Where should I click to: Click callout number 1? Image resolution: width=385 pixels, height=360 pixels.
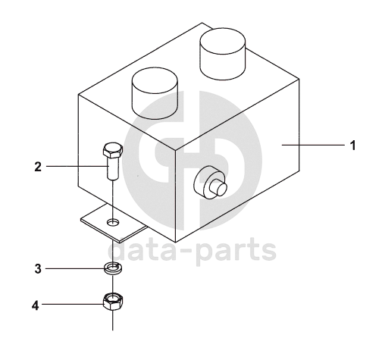(x=353, y=146)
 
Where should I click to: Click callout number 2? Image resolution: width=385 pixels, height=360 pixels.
(x=38, y=167)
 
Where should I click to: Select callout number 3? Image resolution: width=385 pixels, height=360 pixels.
(x=38, y=269)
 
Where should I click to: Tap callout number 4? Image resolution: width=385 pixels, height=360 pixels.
(x=36, y=305)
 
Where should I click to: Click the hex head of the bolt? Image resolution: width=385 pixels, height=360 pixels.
(x=113, y=150)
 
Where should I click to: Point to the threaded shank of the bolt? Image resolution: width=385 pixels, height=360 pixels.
(x=112, y=168)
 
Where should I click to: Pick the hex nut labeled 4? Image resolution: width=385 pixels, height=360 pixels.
(x=113, y=301)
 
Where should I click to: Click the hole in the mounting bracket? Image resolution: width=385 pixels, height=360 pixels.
(x=113, y=222)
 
